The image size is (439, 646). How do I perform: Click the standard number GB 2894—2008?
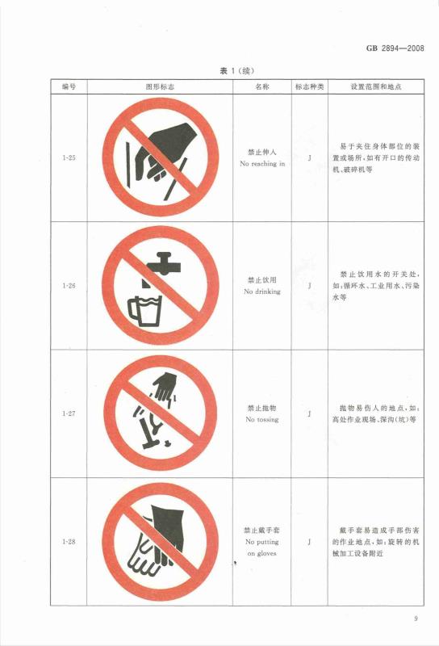coord(395,48)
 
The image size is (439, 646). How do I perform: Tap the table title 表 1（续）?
coord(236,71)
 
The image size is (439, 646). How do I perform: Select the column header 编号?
coord(69,87)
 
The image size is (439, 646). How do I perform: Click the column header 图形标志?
coord(160,87)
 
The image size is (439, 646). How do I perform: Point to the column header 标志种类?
coord(309,87)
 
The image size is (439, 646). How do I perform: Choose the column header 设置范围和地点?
coord(376,87)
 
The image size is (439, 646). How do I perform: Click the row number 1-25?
coord(69,157)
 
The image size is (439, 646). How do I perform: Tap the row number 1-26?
coord(69,286)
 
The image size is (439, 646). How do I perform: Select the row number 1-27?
coord(69,413)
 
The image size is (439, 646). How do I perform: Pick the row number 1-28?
coord(69,542)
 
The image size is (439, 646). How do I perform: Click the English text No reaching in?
coord(262,164)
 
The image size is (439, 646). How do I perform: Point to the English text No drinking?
coord(262,292)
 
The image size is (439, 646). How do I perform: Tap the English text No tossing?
coord(262,420)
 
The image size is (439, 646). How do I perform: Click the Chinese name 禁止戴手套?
coord(262,531)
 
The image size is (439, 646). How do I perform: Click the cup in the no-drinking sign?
coord(144,311)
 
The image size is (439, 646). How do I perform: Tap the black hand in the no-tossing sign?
coord(165,388)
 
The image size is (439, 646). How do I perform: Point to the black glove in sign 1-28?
coord(167,530)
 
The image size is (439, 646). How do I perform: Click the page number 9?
coord(416,619)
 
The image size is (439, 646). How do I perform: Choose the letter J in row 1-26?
coord(309,286)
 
